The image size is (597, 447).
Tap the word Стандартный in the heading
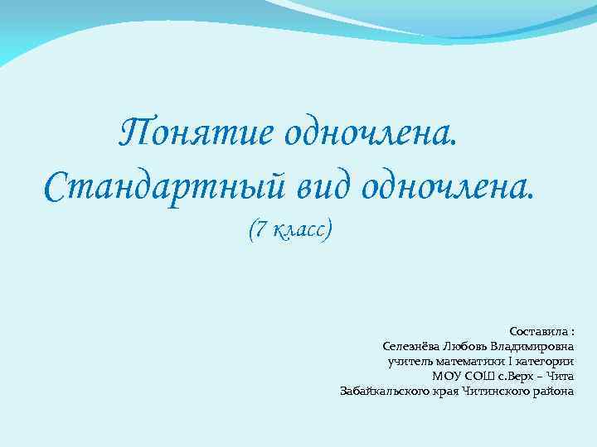[x=158, y=189]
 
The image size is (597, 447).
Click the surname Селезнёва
[x=412, y=346]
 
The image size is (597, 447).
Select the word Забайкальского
[x=384, y=391]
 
